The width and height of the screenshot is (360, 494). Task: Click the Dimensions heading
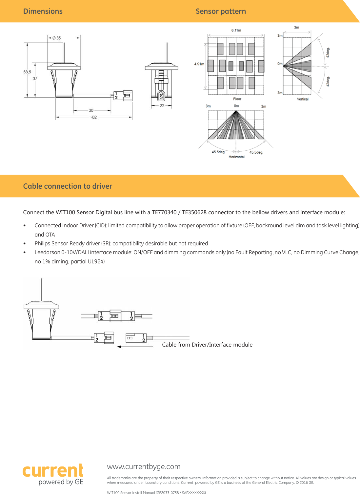click(43, 11)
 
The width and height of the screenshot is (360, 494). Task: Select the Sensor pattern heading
click(221, 11)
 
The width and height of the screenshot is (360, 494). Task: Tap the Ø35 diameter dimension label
click(57, 38)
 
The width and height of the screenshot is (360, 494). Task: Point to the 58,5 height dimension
click(27, 72)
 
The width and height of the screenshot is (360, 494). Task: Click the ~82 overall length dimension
click(94, 117)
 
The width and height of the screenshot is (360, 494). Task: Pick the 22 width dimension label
click(162, 106)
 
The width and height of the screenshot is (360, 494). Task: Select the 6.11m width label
click(236, 30)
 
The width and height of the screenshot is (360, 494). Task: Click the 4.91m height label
click(199, 64)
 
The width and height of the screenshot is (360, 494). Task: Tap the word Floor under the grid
click(237, 99)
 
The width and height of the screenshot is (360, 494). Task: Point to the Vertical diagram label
click(302, 99)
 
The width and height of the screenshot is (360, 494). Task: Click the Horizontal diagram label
click(236, 157)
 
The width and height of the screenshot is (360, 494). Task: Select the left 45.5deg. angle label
click(218, 152)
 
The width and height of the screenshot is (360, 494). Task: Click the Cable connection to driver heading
click(68, 186)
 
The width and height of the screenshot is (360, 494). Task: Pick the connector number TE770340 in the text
click(164, 212)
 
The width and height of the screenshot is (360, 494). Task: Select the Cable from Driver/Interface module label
click(207, 345)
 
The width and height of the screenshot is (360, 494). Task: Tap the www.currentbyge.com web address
click(144, 466)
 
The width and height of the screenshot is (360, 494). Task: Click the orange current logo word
click(53, 471)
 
